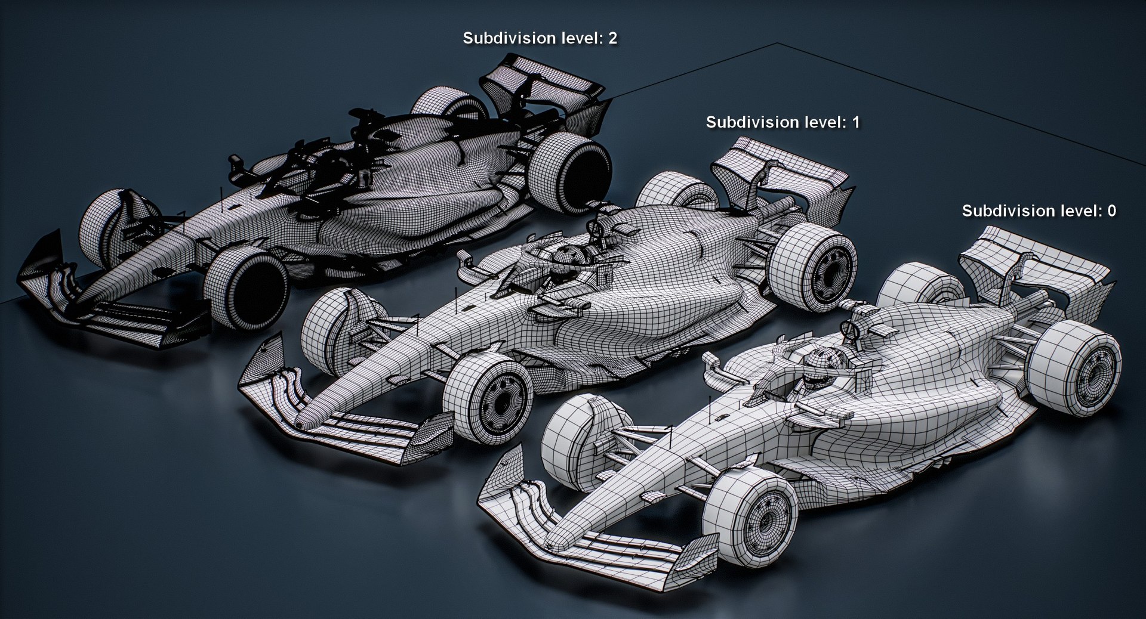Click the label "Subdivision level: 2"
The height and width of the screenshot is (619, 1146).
pyautogui.click(x=540, y=38)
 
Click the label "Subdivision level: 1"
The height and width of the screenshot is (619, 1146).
pyautogui.click(x=783, y=122)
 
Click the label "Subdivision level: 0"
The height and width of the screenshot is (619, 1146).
pyautogui.click(x=1039, y=211)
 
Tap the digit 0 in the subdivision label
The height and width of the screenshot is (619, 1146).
pyautogui.click(x=1111, y=211)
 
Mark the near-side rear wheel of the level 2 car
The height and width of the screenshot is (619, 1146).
pyautogui.click(x=570, y=171)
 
